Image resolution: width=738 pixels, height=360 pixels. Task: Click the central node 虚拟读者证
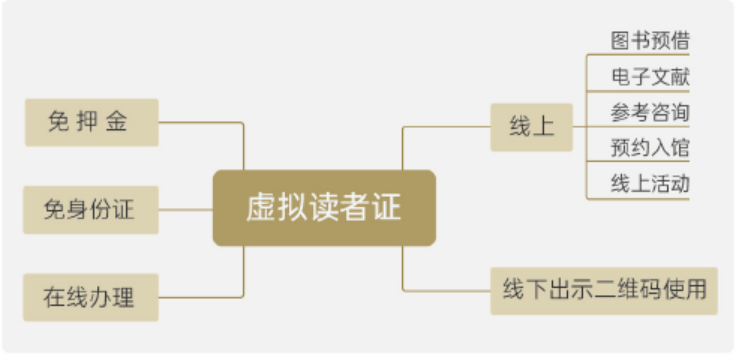pos(324,208)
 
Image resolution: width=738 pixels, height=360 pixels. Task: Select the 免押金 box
pos(90,122)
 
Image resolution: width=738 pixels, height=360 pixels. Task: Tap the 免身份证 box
pos(90,209)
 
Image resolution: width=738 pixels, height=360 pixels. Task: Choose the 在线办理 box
pos(90,297)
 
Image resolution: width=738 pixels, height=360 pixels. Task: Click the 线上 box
pos(531,127)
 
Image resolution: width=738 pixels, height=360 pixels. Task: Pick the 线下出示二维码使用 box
pos(603,291)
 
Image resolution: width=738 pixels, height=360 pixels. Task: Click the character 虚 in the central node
pos(260,208)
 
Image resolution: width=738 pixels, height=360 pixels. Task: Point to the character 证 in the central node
pos(388,208)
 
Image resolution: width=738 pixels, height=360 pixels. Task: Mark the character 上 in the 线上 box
pos(543,127)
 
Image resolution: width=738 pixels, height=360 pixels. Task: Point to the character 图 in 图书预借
pos(620,41)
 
